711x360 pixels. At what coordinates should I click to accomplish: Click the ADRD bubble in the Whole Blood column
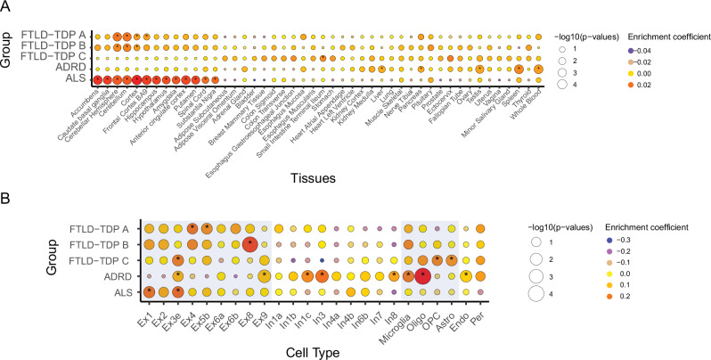[x=538, y=69]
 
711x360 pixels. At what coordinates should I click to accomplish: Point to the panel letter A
[x=7, y=9]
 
